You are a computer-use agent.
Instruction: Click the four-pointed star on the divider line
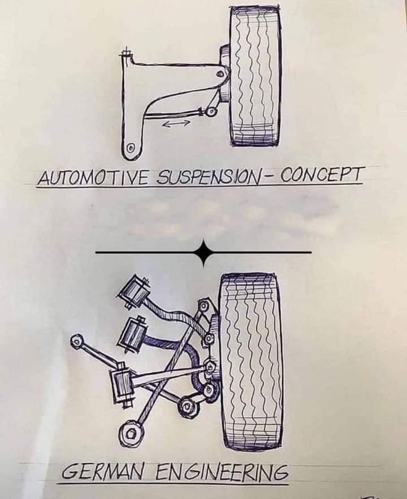coord(203,252)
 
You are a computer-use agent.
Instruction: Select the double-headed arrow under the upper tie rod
coord(176,122)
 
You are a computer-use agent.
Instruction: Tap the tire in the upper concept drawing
coord(255,76)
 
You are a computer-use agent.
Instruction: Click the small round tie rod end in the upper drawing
coord(211,111)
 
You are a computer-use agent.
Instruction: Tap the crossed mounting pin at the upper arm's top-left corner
coord(125,54)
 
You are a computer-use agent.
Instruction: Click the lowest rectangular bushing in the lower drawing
coord(122,385)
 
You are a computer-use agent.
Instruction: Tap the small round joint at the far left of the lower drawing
coord(77,341)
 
